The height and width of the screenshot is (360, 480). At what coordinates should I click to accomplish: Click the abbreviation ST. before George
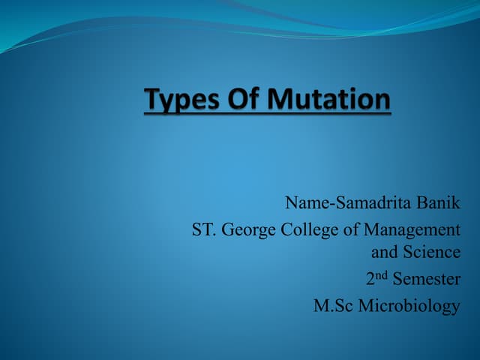coord(202,229)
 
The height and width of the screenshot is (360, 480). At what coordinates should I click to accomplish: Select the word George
coord(247,230)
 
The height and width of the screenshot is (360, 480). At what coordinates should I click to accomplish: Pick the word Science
coord(432,252)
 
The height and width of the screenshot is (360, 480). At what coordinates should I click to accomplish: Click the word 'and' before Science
coord(385,252)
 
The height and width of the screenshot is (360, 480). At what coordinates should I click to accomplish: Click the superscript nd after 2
coord(381,275)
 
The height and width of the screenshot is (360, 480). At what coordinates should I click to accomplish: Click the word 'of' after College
coord(349,229)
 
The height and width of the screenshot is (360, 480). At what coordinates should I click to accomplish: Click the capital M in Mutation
coord(277,99)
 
